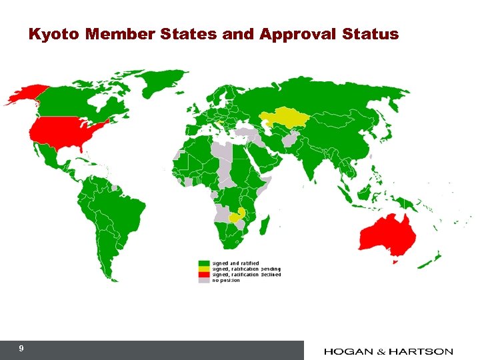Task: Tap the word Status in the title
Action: point(370,34)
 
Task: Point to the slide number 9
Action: point(22,349)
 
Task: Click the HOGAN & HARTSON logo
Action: point(388,351)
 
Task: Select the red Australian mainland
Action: point(387,235)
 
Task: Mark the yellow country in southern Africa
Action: point(236,216)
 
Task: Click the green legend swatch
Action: point(204,263)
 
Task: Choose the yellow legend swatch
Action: point(204,269)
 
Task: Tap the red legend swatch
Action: point(204,275)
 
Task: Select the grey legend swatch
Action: point(204,280)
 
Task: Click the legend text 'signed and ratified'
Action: point(235,263)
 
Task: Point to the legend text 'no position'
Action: point(226,280)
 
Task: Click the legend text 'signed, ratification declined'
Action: point(246,275)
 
